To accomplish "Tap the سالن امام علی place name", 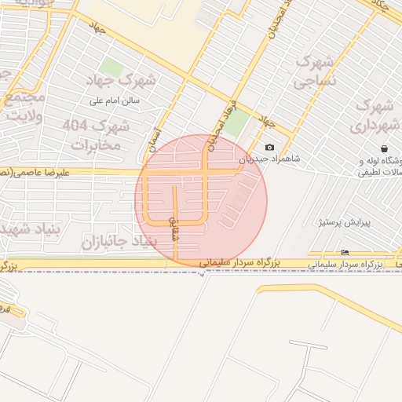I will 114,101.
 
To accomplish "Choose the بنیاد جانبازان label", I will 115,242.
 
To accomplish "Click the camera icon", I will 270,147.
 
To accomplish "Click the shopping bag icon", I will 383,148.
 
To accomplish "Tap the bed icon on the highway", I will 345,252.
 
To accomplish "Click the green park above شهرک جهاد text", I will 112,68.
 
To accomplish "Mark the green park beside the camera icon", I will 236,124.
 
